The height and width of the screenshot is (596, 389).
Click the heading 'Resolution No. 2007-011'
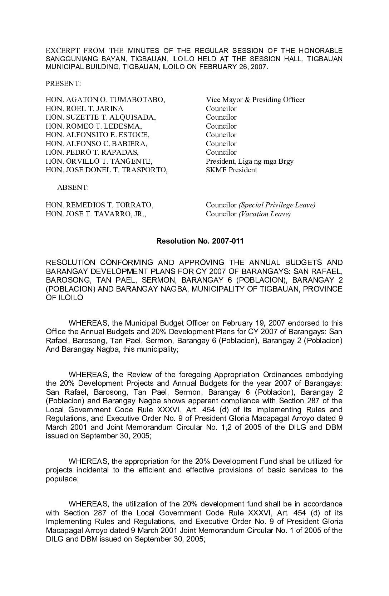200,241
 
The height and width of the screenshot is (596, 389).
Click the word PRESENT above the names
63,84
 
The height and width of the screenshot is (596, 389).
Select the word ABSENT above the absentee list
73,188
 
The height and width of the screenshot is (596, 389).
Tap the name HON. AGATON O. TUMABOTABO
105,100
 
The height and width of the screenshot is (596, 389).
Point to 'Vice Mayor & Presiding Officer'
255,100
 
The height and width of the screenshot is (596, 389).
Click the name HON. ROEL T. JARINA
84,109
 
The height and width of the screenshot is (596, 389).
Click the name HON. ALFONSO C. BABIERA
97,144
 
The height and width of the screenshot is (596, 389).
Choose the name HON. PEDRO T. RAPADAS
92,153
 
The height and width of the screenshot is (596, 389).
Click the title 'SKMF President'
231,170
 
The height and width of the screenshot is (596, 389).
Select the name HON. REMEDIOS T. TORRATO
99,205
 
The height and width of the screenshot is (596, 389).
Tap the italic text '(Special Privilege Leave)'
277,205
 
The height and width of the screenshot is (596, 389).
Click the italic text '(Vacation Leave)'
265,214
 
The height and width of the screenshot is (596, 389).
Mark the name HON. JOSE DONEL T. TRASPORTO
107,170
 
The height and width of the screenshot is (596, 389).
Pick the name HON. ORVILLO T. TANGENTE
99,161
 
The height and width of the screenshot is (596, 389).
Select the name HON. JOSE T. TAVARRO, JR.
96,214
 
